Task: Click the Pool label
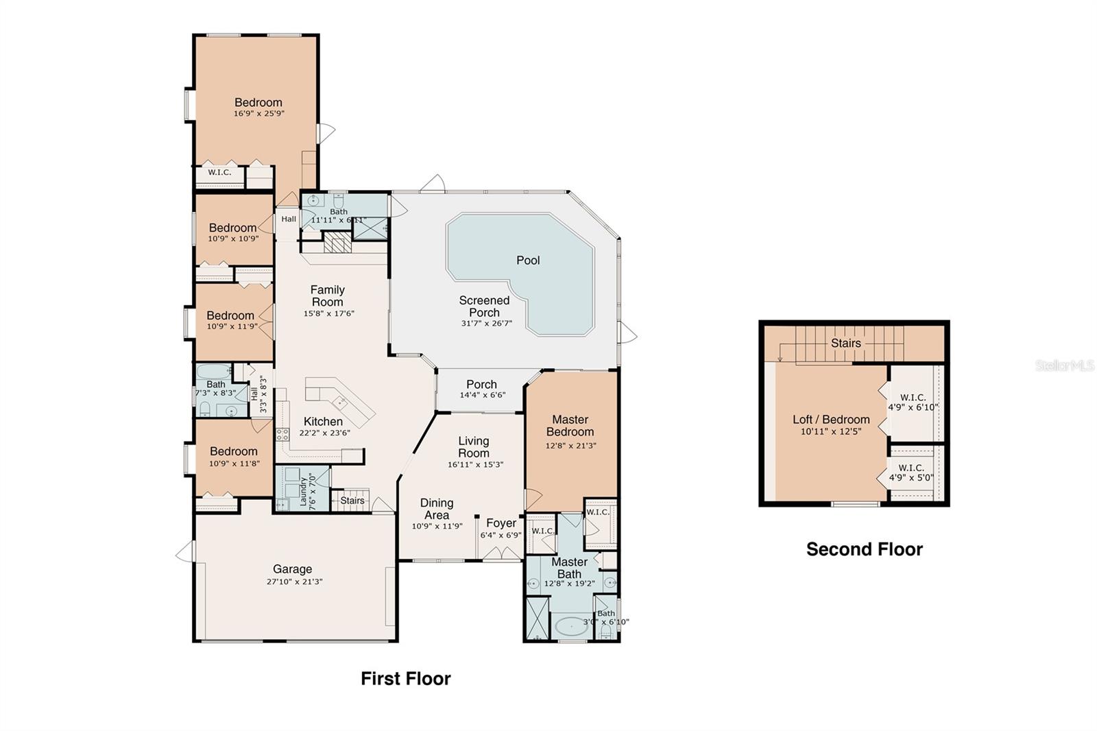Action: [528, 261]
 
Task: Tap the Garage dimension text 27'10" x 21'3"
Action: [294, 582]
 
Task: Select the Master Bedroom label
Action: [570, 425]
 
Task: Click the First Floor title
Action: [406, 679]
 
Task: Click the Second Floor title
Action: [864, 549]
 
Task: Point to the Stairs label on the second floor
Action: [845, 343]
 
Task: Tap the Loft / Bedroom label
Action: [831, 420]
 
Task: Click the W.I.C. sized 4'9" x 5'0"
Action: [911, 473]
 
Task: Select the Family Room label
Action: [327, 296]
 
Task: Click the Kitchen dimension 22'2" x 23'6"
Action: [324, 433]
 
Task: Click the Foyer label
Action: [501, 523]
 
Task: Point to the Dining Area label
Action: [437, 509]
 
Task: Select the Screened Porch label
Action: [484, 307]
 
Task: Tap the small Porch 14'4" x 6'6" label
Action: [481, 385]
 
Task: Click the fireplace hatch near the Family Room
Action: [337, 243]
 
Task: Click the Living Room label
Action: [474, 446]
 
